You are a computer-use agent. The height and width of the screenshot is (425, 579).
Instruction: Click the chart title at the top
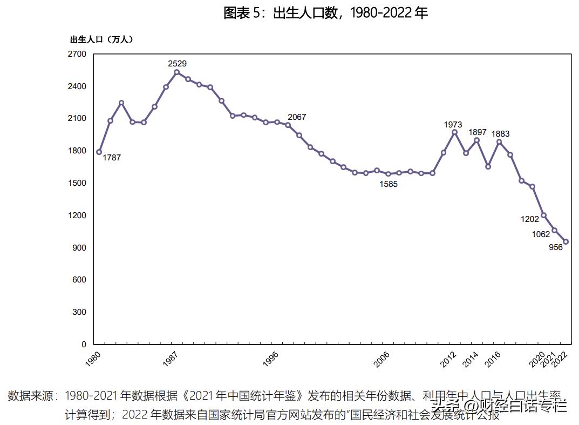point(325,14)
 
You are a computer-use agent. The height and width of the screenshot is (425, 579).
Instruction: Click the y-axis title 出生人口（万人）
point(101,39)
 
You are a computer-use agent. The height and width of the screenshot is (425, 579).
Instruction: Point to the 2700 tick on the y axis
point(77,54)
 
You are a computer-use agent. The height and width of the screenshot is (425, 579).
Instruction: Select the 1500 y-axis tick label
point(77,183)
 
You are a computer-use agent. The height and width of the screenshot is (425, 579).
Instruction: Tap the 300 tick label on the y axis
point(80,312)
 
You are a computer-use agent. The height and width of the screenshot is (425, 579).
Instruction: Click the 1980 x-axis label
point(93,359)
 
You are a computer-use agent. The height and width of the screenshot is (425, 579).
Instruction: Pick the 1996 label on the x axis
point(270,359)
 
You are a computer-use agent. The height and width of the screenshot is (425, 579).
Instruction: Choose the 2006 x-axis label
point(382,359)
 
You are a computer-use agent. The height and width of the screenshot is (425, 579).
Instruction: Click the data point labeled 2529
point(177,72)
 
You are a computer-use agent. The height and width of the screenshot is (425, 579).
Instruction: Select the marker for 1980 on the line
point(99,152)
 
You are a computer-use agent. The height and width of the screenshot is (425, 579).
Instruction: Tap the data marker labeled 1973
point(455,132)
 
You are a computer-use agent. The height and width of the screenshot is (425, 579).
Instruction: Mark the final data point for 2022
point(566,241)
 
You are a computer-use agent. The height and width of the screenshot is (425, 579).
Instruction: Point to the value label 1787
point(112,158)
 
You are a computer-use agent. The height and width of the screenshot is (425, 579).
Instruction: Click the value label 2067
point(297,117)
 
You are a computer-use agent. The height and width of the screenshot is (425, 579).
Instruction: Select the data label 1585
point(388,184)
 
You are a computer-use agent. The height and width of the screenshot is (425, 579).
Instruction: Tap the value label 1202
point(529,219)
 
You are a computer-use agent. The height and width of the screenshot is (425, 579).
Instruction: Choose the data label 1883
point(500,134)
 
